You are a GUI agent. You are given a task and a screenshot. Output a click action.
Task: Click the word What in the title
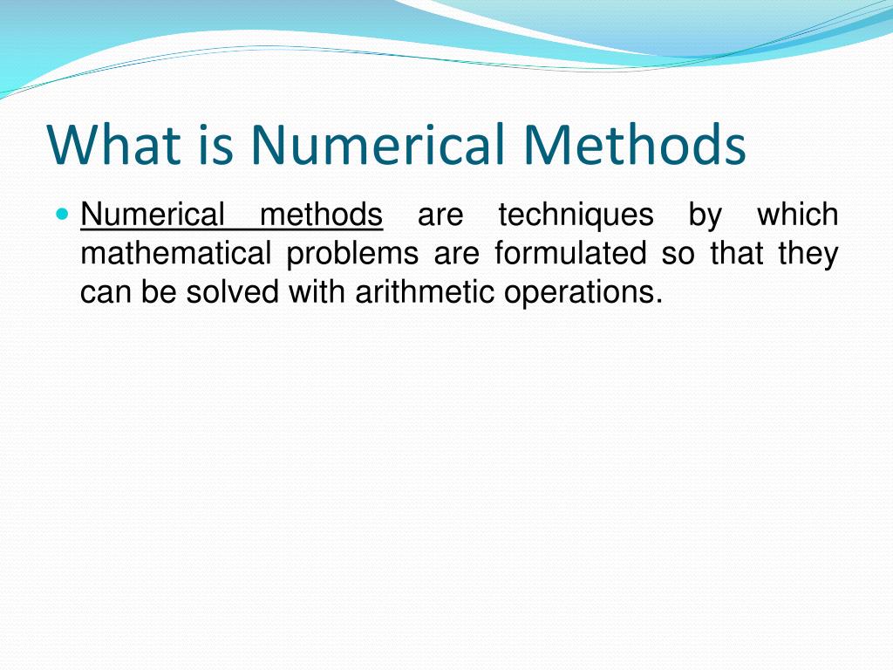(110, 145)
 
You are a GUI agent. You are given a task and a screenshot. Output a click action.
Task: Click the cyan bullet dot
(60, 213)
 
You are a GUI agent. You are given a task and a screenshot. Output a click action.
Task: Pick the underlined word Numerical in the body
(152, 215)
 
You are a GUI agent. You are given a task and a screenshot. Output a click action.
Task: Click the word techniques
(576, 215)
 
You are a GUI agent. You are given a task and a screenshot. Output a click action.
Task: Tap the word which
(797, 215)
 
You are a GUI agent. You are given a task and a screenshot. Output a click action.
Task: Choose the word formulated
(570, 254)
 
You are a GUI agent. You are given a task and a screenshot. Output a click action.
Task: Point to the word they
(808, 254)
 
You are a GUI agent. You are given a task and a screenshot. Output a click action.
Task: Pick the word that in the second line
(737, 254)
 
